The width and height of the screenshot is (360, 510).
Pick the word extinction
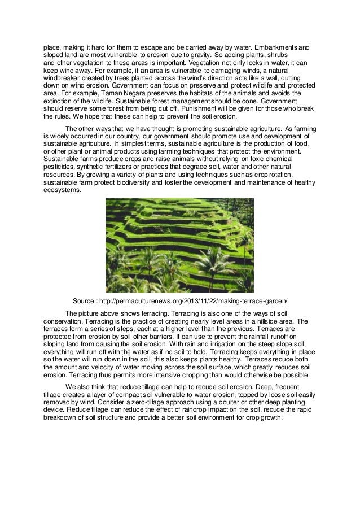click(x=62, y=101)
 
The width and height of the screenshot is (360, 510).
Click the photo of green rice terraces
click(x=179, y=245)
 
